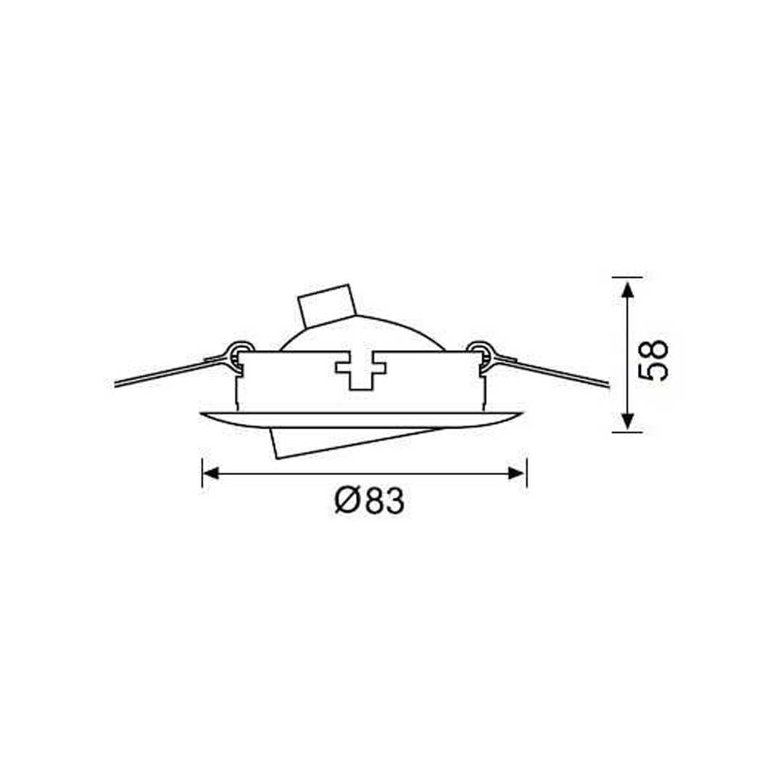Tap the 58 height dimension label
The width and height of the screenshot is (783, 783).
[x=654, y=360]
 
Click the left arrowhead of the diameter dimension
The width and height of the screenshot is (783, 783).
[x=211, y=473]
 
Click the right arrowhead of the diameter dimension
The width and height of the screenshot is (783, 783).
[x=516, y=473]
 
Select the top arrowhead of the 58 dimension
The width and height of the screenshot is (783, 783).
[x=628, y=289]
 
